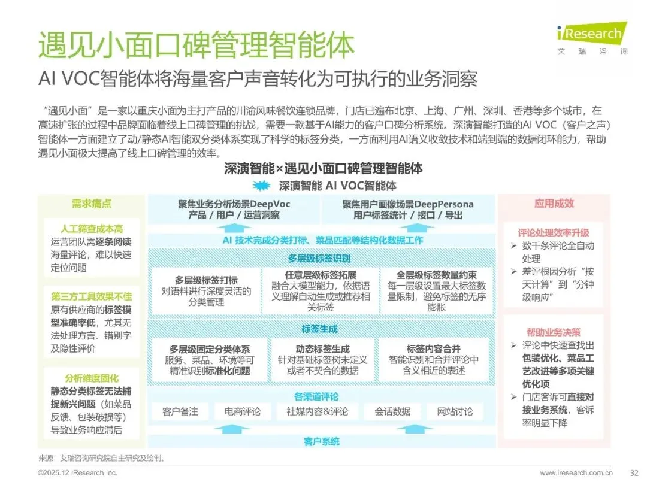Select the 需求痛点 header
pyautogui.click(x=91, y=204)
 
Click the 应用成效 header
pyautogui.click(x=554, y=204)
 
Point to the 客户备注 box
pyautogui.click(x=180, y=412)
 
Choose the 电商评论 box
pyautogui.click(x=243, y=412)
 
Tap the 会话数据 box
pyautogui.click(x=392, y=412)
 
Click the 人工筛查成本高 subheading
pyautogui.click(x=91, y=229)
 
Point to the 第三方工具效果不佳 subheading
pyautogui.click(x=91, y=297)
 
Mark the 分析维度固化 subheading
pyautogui.click(x=91, y=378)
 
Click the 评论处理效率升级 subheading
pyautogui.click(x=554, y=233)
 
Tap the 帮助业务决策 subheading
pyautogui.click(x=554, y=332)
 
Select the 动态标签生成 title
pyautogui.click(x=322, y=348)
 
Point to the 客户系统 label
pyautogui.click(x=321, y=441)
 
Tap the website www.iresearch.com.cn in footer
pyautogui.click(x=576, y=472)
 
